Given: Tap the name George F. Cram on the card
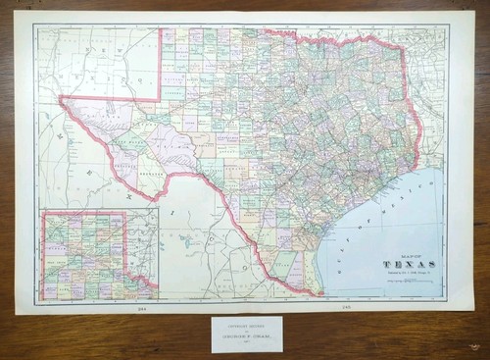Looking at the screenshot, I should (245, 337).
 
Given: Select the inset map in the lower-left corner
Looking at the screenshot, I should (98, 256).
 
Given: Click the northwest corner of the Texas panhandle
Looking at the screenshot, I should (161, 29).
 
